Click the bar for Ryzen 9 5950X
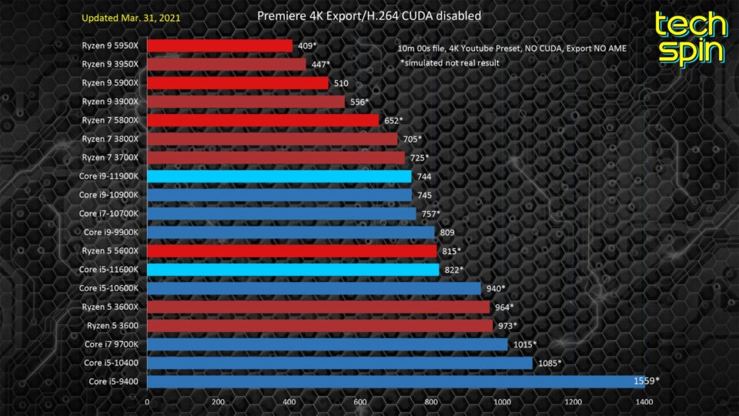[219, 46]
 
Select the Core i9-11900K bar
[279, 176]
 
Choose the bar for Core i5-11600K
[293, 270]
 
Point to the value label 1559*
[646, 381]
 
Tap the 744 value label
[424, 176]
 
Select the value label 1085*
[549, 363]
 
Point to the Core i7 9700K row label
[112, 344]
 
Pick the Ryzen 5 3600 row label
[115, 325]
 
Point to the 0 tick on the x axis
[147, 401]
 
